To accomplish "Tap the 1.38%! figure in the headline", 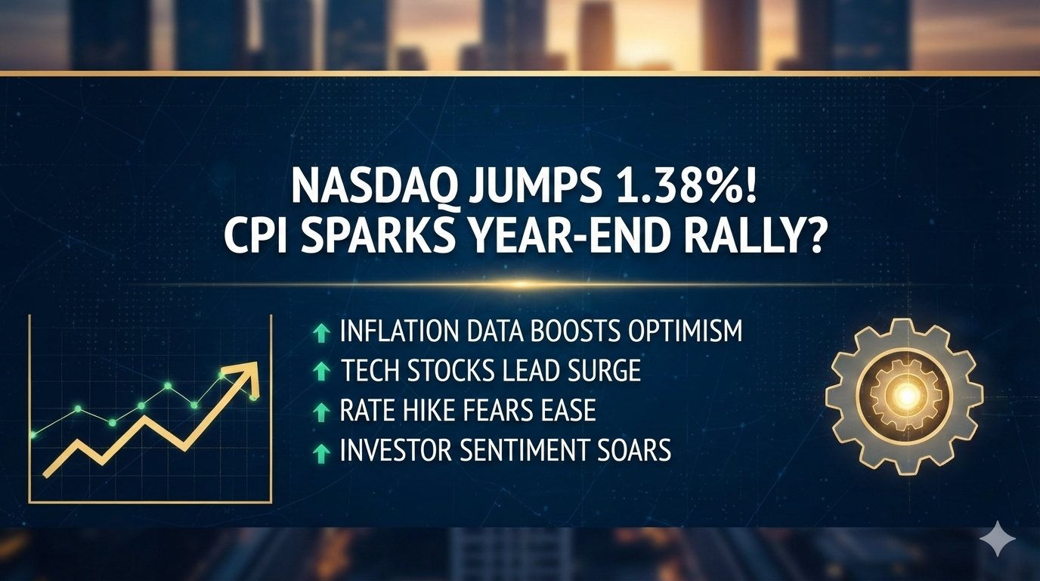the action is [667, 186].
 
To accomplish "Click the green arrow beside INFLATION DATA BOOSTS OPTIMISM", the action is [321, 334].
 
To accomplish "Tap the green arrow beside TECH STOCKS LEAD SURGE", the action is [321, 372].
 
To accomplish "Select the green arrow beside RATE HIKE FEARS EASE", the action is [321, 412].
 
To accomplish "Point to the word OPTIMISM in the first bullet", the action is [685, 331].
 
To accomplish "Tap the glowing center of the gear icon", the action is [905, 396].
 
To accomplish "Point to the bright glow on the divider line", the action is [520, 284].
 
